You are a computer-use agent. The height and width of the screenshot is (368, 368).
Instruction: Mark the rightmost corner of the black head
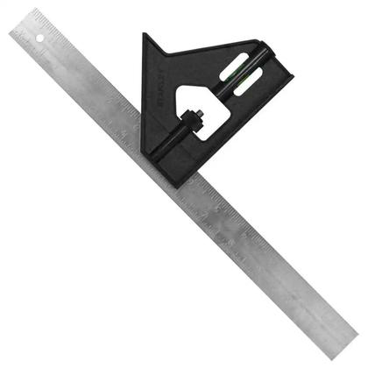(x=292, y=81)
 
